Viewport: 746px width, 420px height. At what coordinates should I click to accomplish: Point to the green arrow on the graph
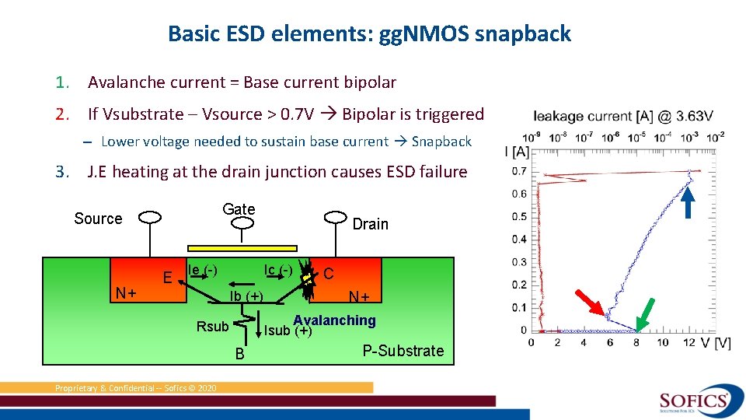643,311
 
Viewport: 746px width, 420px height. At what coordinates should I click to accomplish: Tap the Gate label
239,208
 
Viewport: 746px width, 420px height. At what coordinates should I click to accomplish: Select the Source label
98,219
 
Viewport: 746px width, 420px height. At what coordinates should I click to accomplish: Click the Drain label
370,224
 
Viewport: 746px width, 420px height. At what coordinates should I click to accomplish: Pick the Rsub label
212,327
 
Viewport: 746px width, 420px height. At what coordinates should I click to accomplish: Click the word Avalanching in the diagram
334,320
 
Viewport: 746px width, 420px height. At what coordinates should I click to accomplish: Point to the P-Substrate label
403,351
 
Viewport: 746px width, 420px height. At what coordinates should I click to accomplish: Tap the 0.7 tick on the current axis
519,171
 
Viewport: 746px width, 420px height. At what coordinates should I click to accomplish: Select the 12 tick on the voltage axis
688,342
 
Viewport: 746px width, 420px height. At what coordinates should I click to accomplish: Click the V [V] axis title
716,342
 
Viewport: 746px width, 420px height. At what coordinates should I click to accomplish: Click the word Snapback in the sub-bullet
441,142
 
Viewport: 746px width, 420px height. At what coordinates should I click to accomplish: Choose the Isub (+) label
288,331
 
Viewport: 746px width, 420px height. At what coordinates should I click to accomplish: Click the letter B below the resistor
241,355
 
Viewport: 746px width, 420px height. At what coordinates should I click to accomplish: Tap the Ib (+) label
246,296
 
